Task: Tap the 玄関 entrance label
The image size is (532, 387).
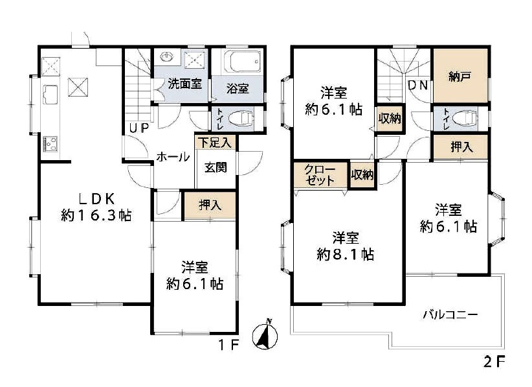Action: (216, 167)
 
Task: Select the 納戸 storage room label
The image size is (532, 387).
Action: (460, 77)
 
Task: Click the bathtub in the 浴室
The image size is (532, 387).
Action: (242, 62)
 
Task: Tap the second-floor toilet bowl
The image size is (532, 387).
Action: (464, 118)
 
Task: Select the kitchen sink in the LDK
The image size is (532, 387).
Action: (50, 94)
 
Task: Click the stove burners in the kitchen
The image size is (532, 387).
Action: (50, 144)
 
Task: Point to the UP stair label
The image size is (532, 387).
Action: (139, 128)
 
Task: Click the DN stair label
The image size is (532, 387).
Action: (417, 85)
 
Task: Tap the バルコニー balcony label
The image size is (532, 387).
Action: (450, 314)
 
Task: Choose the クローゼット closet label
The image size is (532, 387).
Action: (319, 174)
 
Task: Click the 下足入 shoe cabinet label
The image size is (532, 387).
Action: (215, 142)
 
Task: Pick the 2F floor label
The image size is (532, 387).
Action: (494, 362)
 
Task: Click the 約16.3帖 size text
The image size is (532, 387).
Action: (96, 215)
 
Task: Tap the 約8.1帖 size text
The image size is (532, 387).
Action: (346, 254)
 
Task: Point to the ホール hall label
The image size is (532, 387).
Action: (173, 157)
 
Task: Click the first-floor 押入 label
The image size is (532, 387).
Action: (210, 205)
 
